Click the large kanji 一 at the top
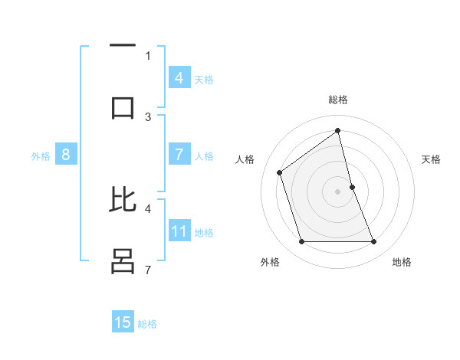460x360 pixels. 123,47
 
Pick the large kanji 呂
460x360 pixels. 123,260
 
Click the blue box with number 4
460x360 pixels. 179,77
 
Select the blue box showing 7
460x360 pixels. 179,155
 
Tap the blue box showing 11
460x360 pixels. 179,231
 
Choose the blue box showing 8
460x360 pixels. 66,155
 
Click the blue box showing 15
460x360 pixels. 123,322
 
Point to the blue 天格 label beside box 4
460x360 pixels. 204,79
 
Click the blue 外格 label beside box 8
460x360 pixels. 41,156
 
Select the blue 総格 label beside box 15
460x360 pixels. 147,324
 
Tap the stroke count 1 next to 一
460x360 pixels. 148,55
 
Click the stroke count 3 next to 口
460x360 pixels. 148,116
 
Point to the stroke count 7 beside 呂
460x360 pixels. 148,270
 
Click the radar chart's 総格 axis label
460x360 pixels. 338,100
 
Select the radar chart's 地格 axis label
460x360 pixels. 402,262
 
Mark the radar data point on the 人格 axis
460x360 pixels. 280,172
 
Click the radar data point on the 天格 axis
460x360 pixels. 352,186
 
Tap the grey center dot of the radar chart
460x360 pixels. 338,191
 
